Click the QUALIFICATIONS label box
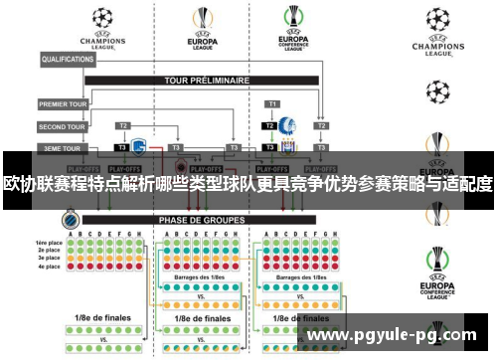[x=68, y=60]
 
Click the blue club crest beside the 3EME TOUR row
[x=139, y=146]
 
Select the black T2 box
[x=268, y=127]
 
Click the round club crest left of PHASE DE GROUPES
[x=70, y=219]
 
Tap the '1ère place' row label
[x=49, y=243]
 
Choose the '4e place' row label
[x=49, y=267]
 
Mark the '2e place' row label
[x=49, y=251]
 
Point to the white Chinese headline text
[x=248, y=184]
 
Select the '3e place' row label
[x=49, y=259]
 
